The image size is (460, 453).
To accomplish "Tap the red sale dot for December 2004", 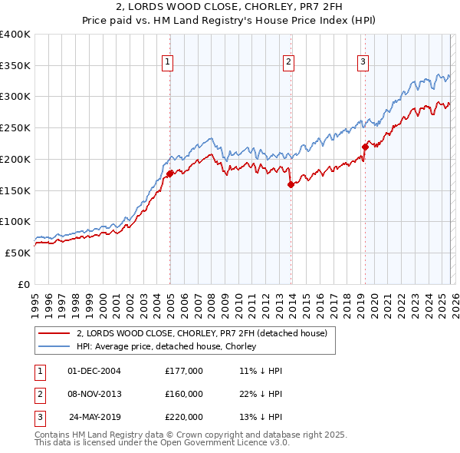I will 169,174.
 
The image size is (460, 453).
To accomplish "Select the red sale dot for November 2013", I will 291,184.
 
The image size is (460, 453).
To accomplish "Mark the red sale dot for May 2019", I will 366,147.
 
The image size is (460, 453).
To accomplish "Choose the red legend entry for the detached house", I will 202,333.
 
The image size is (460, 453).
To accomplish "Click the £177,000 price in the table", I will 184,371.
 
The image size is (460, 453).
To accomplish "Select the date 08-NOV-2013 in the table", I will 94,394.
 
